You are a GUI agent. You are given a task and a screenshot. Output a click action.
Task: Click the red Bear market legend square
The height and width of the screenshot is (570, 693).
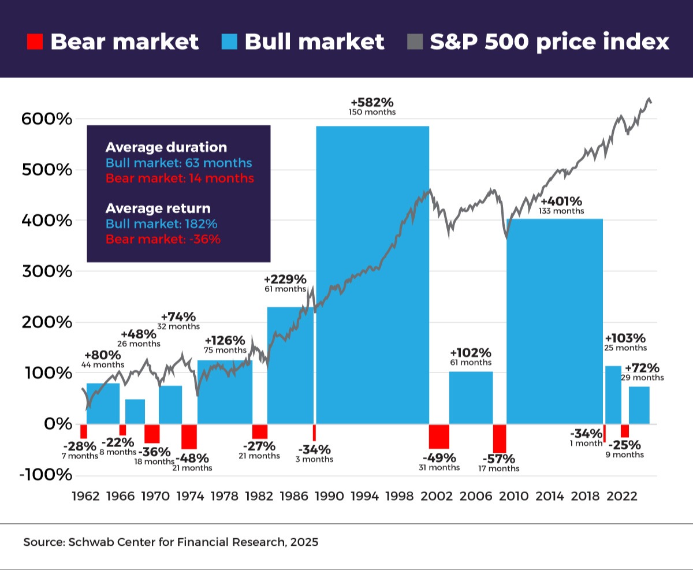coord(35,42)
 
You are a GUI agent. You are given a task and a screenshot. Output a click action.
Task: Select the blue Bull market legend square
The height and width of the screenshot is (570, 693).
coord(229,42)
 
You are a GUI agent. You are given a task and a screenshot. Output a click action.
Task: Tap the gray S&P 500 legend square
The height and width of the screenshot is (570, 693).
coord(415,42)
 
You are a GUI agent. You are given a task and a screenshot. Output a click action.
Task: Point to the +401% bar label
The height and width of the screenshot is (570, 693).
coord(561,202)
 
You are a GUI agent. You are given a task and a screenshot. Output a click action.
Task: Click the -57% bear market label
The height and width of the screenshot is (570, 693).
coord(499,459)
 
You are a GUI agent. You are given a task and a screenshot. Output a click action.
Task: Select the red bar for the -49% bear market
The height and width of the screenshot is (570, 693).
coord(439,436)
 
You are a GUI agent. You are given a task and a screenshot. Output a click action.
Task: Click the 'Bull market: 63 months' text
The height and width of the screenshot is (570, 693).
coord(178,163)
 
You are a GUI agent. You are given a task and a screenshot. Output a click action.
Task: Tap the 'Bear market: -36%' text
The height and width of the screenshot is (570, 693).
coord(163,239)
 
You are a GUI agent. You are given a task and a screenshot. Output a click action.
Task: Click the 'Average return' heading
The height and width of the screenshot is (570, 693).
coord(158,208)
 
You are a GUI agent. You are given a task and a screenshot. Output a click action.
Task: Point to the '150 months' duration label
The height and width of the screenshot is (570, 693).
coord(372,112)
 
